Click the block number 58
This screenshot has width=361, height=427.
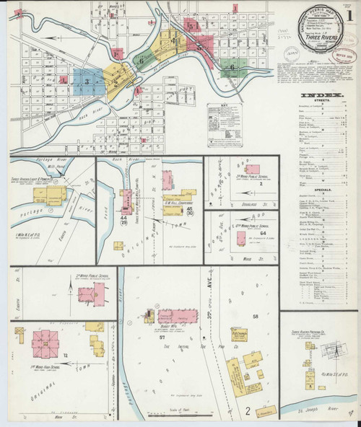click(x=255, y=316)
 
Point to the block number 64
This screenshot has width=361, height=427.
click(x=263, y=234)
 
